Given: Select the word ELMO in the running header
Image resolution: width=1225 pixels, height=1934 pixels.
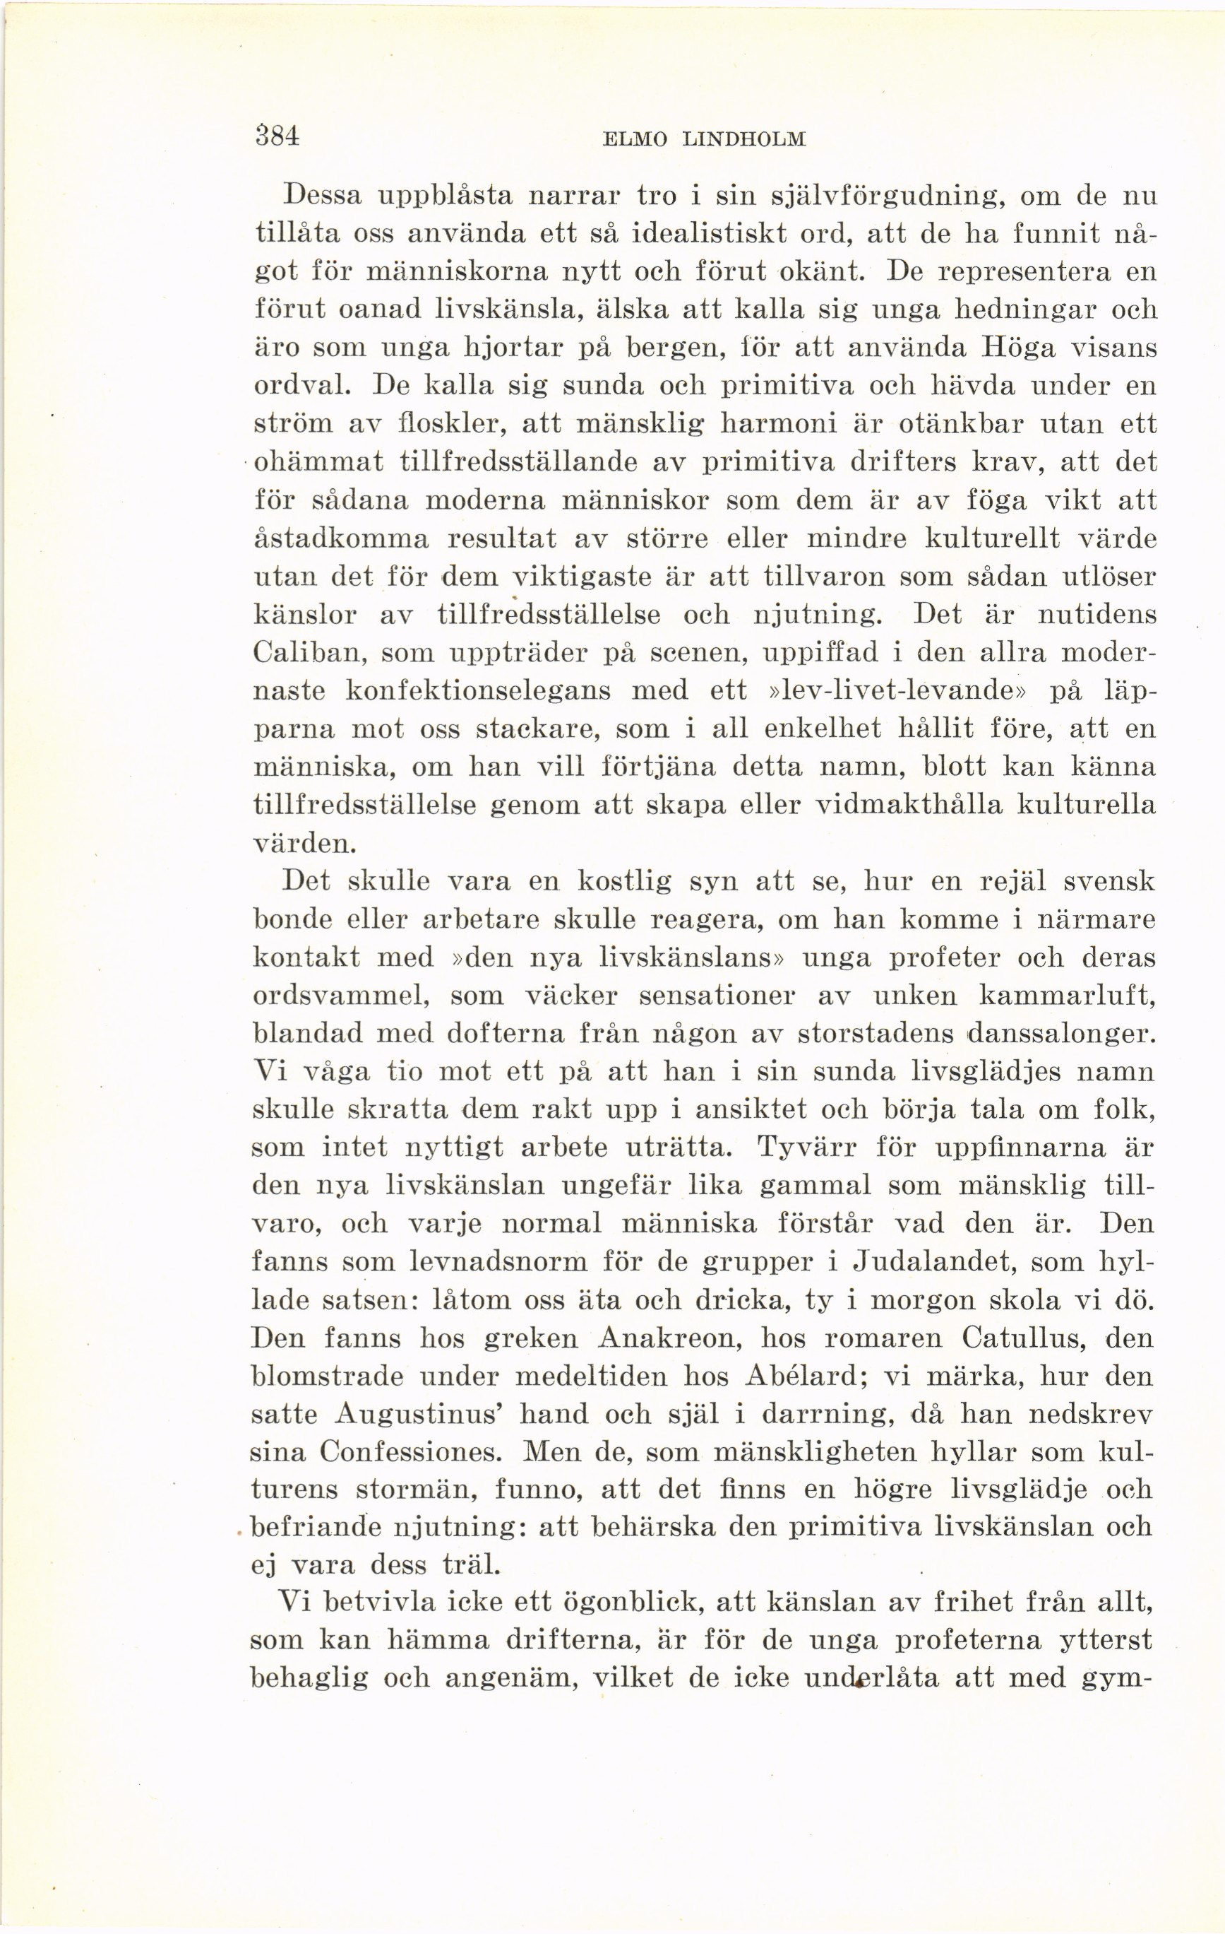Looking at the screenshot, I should (634, 139).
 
